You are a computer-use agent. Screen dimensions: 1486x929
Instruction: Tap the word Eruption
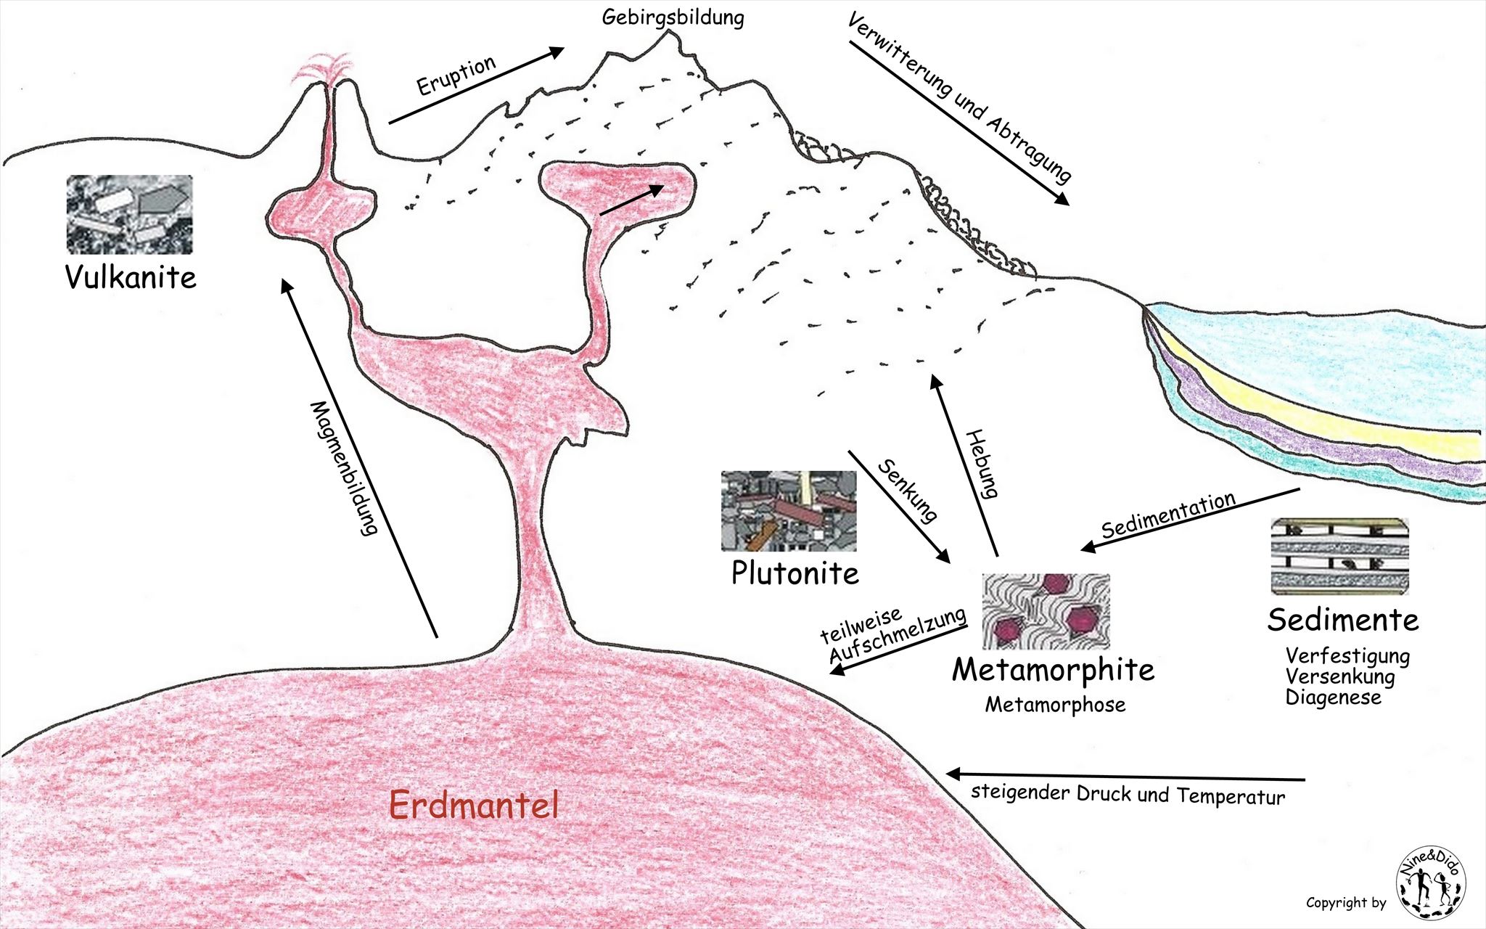[x=456, y=75]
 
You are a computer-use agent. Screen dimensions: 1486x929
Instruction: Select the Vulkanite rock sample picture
[x=130, y=214]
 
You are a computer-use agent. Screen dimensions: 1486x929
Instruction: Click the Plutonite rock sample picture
[x=788, y=510]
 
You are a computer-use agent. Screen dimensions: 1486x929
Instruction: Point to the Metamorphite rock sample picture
[x=1046, y=610]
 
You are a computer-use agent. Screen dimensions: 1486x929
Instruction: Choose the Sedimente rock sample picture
[x=1339, y=556]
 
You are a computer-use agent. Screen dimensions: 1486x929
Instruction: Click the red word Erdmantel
[x=474, y=805]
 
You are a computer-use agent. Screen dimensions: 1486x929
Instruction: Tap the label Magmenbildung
[x=345, y=468]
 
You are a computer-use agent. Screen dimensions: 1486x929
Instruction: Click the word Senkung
[x=908, y=490]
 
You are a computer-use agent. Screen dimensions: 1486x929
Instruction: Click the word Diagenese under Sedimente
[x=1333, y=697]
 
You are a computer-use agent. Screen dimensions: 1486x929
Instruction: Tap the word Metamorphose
[x=1054, y=704]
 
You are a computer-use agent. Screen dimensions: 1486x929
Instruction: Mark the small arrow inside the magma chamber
[x=631, y=200]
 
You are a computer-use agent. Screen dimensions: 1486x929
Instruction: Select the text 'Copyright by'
[x=1345, y=903]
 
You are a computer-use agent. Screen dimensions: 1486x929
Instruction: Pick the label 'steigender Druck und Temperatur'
[x=1128, y=793]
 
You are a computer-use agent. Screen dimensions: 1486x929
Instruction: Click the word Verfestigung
[x=1347, y=656]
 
